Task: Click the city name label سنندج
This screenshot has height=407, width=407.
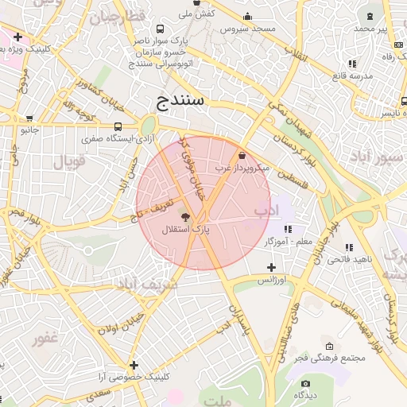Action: tap(176, 101)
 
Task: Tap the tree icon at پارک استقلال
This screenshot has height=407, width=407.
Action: tap(185, 217)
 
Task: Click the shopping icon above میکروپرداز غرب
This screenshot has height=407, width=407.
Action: tap(242, 157)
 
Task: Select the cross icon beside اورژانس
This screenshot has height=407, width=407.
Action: tap(271, 268)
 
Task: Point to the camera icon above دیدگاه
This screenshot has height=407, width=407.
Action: tap(305, 383)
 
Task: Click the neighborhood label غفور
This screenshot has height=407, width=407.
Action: tap(45, 339)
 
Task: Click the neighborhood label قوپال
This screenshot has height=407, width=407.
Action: tap(69, 162)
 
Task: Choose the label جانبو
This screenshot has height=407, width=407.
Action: tap(29, 130)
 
